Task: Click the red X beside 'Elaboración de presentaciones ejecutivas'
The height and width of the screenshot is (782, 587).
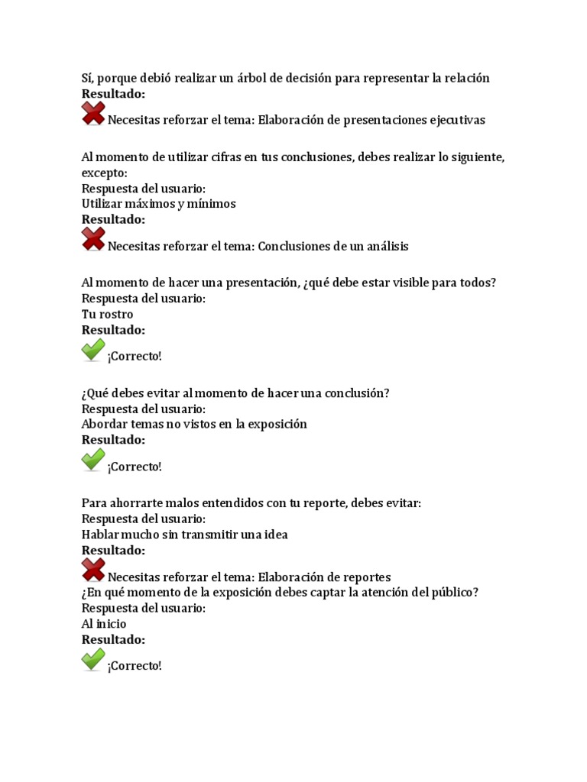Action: coord(93,115)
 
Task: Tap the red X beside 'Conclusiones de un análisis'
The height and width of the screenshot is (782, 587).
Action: coord(93,241)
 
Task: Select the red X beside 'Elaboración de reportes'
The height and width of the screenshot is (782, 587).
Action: coord(93,571)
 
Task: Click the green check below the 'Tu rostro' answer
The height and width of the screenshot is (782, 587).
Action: coord(93,351)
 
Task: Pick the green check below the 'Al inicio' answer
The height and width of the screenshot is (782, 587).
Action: coord(93,660)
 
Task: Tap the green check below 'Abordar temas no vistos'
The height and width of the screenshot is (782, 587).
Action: coord(93,460)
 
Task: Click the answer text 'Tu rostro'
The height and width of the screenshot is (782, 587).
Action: coord(107,315)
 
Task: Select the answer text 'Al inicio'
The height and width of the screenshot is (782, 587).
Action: coord(104,624)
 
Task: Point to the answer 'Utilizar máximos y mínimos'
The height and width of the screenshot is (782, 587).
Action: coord(158,204)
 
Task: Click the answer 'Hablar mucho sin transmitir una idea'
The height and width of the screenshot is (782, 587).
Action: coord(184,535)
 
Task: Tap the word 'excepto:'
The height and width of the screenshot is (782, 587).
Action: coord(105,173)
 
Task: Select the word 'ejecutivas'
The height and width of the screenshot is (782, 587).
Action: coord(456,120)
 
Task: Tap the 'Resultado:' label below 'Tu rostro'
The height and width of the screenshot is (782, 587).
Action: coord(113,330)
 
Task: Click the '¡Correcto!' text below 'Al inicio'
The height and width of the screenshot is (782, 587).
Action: coord(135,666)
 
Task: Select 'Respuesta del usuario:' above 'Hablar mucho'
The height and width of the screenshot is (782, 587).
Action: coord(144,519)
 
